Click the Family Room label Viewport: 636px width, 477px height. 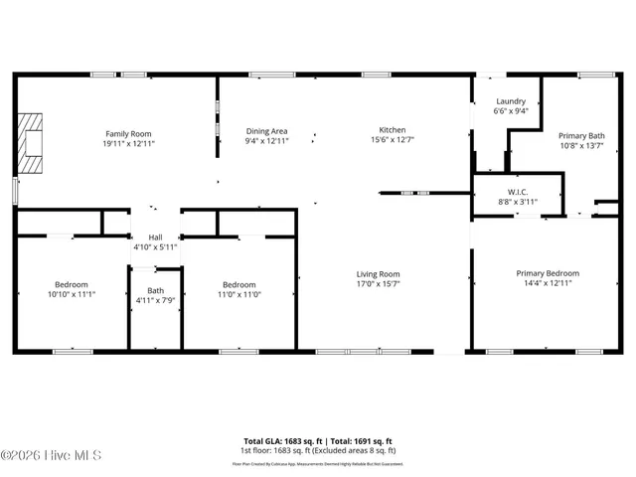coord(128,133)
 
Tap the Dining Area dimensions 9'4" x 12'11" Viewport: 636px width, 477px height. coord(266,141)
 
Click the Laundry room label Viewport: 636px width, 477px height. coord(510,101)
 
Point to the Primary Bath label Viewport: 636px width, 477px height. coord(581,136)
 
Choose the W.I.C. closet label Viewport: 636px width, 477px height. coord(517,192)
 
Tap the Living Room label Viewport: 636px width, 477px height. coord(378,274)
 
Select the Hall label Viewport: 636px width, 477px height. coord(155,238)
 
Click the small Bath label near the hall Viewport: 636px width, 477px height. coord(155,290)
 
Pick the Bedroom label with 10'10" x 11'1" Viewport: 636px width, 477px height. coord(71,284)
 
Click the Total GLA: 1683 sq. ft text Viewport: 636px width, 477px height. coord(279,440)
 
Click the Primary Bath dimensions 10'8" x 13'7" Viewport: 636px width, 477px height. coord(581,145)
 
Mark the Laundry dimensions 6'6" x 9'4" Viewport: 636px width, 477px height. coord(510,110)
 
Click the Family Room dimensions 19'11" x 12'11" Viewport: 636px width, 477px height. coord(128,143)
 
